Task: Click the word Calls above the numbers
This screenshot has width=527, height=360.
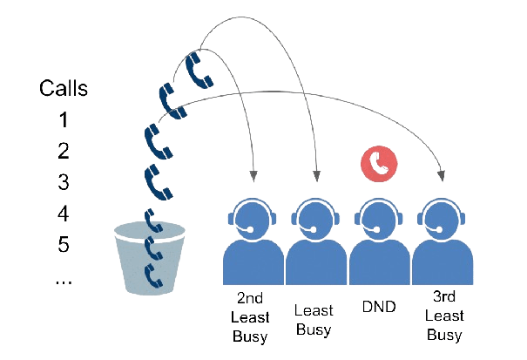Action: pyautogui.click(x=64, y=88)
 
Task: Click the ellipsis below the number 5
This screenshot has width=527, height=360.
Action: pyautogui.click(x=64, y=280)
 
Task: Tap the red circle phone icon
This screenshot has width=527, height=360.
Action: pyautogui.click(x=378, y=161)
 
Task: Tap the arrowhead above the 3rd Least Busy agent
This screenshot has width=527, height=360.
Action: pyautogui.click(x=441, y=179)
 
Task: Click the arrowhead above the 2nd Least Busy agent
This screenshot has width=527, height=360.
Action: pyautogui.click(x=253, y=178)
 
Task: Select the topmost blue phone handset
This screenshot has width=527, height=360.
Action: pyautogui.click(x=199, y=70)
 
